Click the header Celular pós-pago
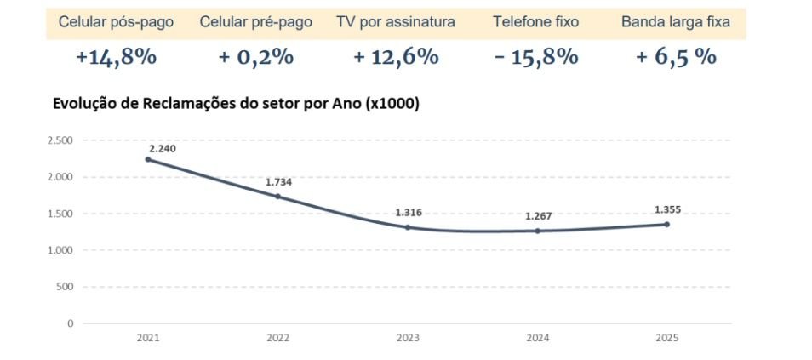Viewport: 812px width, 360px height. click(x=116, y=22)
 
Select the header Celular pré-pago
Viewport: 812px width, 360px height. click(x=255, y=22)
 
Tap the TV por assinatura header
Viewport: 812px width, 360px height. click(x=396, y=22)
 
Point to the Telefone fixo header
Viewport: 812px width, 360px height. click(x=535, y=22)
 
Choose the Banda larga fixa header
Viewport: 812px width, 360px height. click(x=675, y=22)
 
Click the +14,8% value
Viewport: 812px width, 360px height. click(x=116, y=57)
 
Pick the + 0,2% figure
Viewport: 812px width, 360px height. click(x=255, y=57)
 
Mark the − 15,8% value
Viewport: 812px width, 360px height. click(x=535, y=57)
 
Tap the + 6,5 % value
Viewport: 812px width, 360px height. click(x=675, y=57)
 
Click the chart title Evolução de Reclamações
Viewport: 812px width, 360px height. click(x=236, y=104)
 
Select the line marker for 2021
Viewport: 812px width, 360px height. click(x=148, y=159)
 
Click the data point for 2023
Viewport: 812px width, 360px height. click(x=408, y=227)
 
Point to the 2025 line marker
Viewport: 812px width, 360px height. click(x=666, y=224)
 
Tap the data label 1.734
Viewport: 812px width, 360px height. click(x=279, y=182)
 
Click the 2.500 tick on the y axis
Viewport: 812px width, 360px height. click(x=60, y=140)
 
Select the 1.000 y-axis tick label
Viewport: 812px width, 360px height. click(x=60, y=250)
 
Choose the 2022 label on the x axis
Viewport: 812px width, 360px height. click(x=277, y=338)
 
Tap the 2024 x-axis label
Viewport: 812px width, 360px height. click(x=537, y=338)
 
